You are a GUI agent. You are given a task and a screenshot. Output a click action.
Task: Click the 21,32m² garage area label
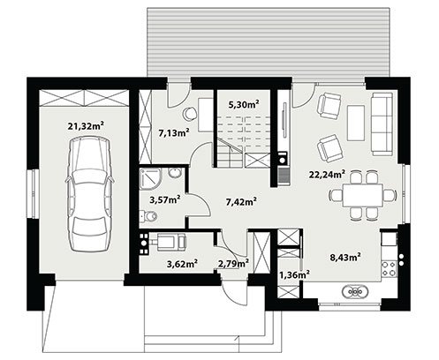point(86,126)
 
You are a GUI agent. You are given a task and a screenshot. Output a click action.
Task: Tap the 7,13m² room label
point(174,133)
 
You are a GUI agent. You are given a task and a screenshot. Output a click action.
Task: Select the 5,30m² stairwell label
point(244,104)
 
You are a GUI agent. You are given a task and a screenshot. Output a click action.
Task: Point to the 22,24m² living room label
point(327,175)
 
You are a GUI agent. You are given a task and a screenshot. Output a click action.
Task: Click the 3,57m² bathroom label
point(165,200)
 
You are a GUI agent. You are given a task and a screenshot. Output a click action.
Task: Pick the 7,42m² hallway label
point(241,202)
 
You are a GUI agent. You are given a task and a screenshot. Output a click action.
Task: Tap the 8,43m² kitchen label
point(345,258)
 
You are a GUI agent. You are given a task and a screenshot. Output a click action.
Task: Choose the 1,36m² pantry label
point(294,274)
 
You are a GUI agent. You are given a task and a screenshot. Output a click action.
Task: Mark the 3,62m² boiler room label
point(182,264)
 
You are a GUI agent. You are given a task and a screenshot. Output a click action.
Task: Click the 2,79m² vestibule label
point(233,264)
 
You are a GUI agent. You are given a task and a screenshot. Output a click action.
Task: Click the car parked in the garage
point(89,194)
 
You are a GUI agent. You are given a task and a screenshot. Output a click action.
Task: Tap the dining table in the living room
point(363,195)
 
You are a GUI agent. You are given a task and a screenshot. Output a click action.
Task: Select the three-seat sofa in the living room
point(382,124)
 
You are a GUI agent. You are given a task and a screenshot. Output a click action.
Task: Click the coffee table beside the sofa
point(357,123)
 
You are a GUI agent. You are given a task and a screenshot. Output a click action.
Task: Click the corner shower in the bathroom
point(150,179)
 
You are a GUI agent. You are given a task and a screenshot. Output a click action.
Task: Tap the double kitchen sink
point(355,292)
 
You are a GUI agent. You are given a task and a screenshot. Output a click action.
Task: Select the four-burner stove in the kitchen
point(390,269)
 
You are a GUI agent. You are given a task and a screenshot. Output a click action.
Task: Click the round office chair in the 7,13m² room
point(190,113)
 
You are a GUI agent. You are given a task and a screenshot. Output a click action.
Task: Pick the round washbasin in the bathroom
point(175,173)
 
